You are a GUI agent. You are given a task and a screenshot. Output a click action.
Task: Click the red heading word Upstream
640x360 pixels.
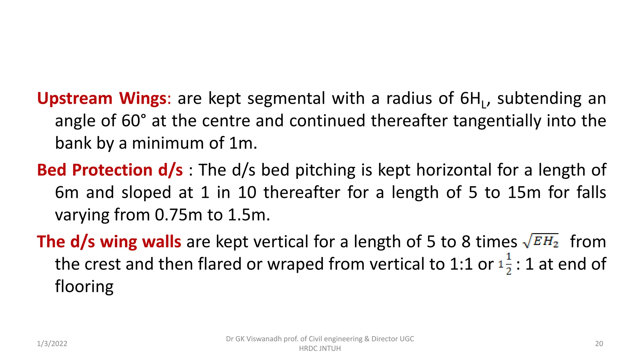[74, 99]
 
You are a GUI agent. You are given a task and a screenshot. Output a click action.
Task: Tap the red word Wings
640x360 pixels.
[143, 98]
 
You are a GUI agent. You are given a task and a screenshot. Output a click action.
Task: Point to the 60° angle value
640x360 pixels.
[134, 121]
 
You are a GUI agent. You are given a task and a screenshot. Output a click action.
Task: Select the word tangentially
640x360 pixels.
[497, 121]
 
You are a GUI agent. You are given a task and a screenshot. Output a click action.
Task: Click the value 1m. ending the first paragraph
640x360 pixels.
[243, 143]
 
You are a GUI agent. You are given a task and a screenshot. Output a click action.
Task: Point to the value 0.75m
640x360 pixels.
[178, 215]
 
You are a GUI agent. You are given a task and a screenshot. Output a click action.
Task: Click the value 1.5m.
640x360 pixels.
[249, 215]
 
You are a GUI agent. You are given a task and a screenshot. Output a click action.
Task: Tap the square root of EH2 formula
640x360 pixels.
[541, 241]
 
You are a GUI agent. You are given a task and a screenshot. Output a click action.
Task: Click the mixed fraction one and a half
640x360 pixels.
[505, 264]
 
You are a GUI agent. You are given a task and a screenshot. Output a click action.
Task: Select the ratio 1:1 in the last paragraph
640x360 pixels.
[461, 264]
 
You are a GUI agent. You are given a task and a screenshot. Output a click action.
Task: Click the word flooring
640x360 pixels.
[84, 287]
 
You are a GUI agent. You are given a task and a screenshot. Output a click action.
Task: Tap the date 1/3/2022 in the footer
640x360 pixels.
[52, 344]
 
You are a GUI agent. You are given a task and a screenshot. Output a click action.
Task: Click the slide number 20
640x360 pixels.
[599, 344]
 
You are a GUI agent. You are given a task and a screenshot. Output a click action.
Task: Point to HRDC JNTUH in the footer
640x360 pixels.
[320, 348]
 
